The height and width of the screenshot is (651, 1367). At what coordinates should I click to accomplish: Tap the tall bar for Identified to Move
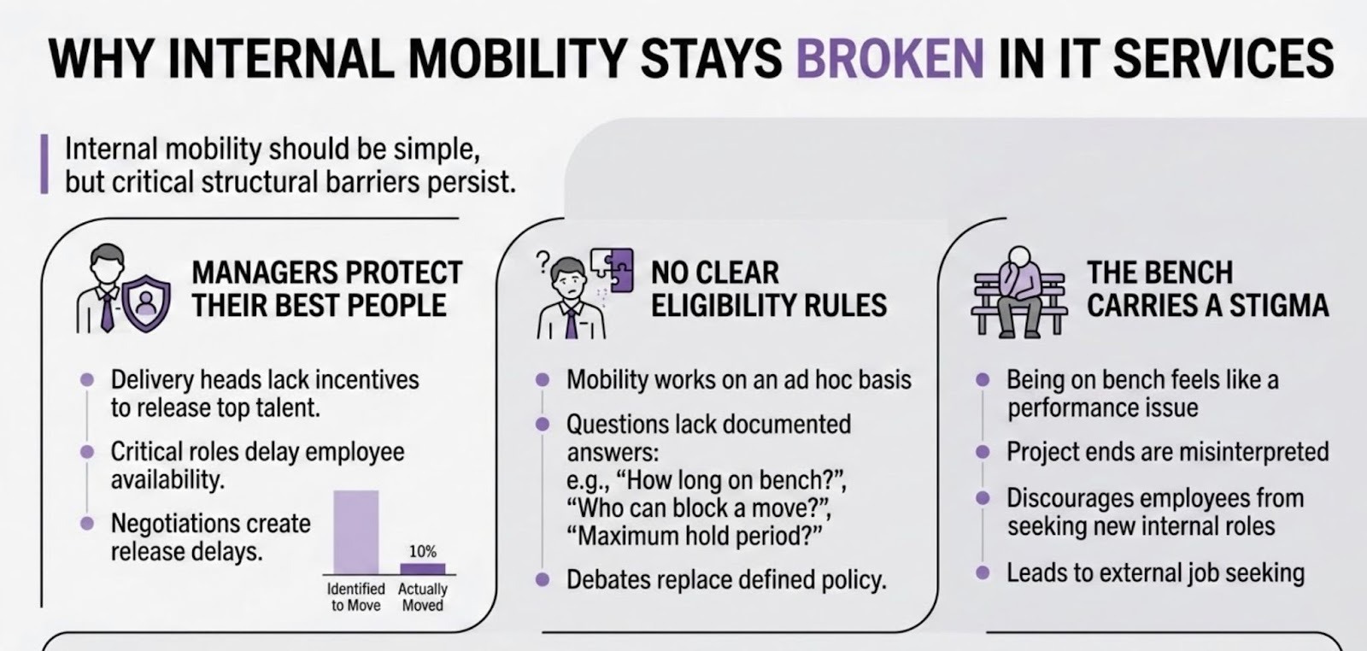355,532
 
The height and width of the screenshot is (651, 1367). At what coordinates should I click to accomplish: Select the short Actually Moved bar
422,569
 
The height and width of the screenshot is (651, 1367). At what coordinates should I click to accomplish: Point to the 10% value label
422,552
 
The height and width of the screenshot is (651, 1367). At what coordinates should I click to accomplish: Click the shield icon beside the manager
146,303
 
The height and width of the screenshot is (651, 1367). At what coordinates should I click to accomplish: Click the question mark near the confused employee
543,261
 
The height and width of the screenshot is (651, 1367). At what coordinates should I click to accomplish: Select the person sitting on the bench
1019,290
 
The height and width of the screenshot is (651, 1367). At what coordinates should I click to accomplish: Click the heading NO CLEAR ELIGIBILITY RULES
769,290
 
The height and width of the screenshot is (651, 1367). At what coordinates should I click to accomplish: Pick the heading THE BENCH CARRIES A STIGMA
1208,290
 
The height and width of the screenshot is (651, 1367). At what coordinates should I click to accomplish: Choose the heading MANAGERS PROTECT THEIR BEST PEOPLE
327,290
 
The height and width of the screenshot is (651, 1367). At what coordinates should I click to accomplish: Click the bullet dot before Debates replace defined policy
542,579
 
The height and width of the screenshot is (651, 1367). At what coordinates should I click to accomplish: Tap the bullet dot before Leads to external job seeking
983,573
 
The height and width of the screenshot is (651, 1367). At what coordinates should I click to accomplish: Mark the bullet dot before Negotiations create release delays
87,524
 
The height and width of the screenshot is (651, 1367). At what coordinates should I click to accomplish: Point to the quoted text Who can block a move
700,507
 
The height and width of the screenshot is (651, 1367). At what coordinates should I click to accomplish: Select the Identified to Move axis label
355,597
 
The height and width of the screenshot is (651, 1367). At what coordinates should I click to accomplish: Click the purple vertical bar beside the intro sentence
44,164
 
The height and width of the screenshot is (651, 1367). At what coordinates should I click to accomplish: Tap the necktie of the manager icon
107,309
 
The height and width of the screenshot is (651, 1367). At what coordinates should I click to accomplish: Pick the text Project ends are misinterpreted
1167,452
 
